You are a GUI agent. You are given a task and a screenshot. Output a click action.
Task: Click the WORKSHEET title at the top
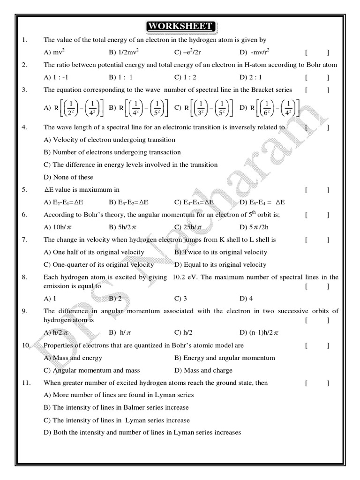[180, 26]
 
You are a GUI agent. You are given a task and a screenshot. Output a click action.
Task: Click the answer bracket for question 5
[317, 190]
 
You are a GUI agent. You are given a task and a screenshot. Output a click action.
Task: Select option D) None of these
[68, 177]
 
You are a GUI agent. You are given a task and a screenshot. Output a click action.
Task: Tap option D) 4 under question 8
[246, 298]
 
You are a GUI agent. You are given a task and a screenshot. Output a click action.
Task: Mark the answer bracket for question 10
[317, 345]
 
